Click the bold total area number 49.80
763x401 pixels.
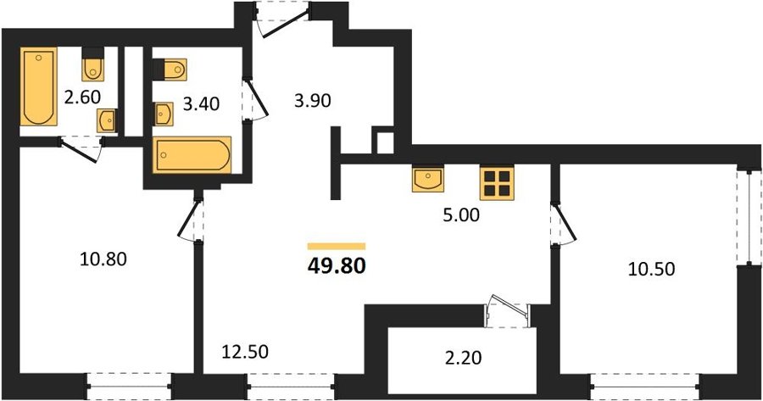(337, 266)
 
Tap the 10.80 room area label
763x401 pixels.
(103, 259)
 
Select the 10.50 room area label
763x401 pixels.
(651, 269)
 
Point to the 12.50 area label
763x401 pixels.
(245, 351)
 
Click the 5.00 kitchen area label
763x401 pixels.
(461, 214)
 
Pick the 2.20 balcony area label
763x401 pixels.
(463, 358)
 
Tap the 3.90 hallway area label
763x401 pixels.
(312, 101)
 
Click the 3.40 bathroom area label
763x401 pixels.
(201, 103)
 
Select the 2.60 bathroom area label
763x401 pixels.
(82, 97)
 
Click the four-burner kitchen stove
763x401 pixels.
(497, 182)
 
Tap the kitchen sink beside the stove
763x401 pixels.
(428, 178)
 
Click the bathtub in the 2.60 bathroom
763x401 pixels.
(38, 86)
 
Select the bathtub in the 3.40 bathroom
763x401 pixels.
(192, 155)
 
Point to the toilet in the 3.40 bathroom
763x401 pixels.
(170, 70)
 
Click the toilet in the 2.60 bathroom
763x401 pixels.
(93, 64)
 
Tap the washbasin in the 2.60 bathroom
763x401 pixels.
(107, 120)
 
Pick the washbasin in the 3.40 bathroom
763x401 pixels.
(164, 114)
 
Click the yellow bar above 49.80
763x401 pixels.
(337, 246)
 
